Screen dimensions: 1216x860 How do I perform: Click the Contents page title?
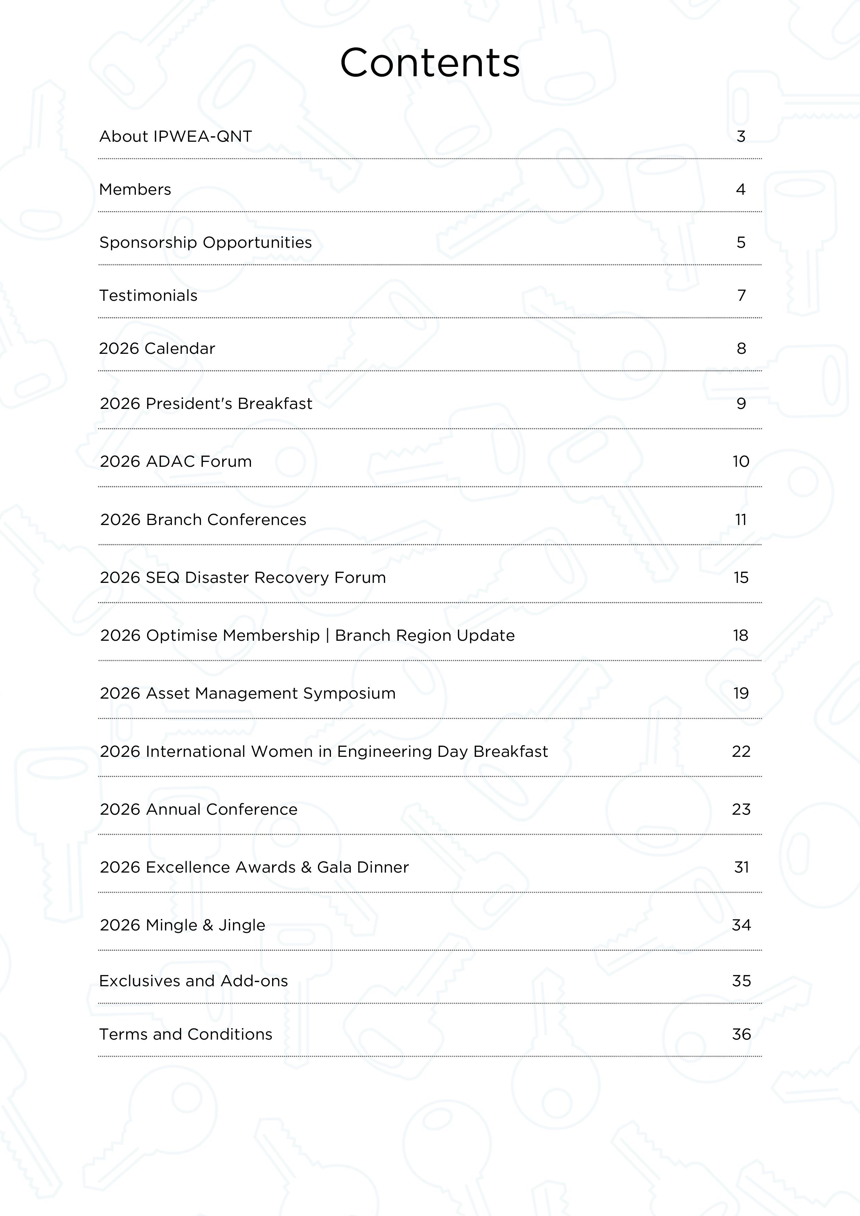(430, 63)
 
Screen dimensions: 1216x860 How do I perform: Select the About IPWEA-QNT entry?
(175, 137)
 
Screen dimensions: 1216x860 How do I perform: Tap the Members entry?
(135, 190)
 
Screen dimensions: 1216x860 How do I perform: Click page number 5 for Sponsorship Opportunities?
(741, 243)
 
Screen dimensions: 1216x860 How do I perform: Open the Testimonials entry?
(148, 296)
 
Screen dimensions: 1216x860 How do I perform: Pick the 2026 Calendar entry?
(157, 349)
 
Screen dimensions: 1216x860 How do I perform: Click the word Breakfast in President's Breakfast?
(275, 404)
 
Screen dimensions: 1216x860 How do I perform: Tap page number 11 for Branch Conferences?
(741, 519)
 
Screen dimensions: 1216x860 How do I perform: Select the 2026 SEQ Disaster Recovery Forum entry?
(243, 577)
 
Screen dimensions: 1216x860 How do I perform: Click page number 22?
(741, 752)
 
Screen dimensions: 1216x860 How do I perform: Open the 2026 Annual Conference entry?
(199, 809)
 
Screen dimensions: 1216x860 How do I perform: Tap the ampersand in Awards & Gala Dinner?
(306, 867)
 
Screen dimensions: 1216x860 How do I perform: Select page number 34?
(741, 925)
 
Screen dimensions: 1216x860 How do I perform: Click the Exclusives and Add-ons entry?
(193, 981)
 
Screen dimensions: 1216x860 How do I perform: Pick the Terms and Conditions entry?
(185, 1034)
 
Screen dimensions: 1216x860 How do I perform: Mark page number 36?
(741, 1034)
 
